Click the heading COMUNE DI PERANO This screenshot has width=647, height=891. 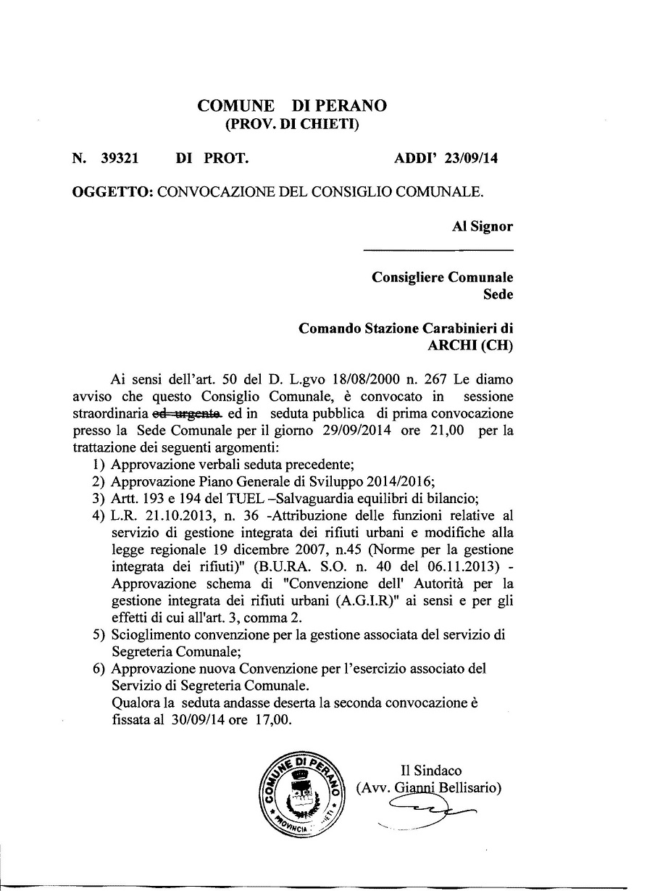tap(291, 106)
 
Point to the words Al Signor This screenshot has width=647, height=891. tap(483, 226)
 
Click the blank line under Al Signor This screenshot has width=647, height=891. tap(438, 250)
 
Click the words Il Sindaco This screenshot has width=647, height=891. tap(430, 771)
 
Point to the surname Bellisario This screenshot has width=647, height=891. tap(468, 787)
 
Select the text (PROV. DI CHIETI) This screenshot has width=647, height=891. tap(292, 124)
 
